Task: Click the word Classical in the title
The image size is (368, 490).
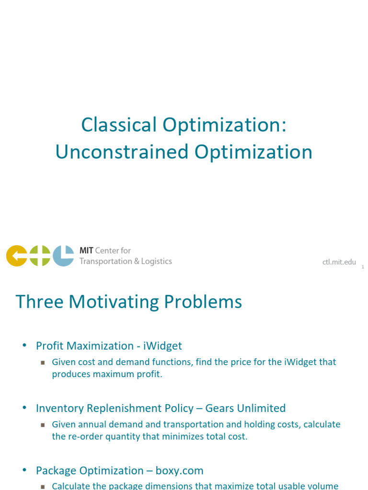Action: (119, 125)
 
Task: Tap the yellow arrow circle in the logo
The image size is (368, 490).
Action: (16, 256)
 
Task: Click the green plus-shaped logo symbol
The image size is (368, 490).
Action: (40, 256)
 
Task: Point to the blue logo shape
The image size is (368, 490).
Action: (63, 256)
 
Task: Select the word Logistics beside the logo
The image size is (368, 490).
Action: (153, 261)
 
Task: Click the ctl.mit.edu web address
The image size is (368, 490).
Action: (339, 262)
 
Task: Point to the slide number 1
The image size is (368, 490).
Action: (363, 267)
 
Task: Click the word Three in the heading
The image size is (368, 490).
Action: (39, 302)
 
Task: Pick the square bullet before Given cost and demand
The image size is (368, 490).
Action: (43, 363)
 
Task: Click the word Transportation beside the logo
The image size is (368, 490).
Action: (105, 261)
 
